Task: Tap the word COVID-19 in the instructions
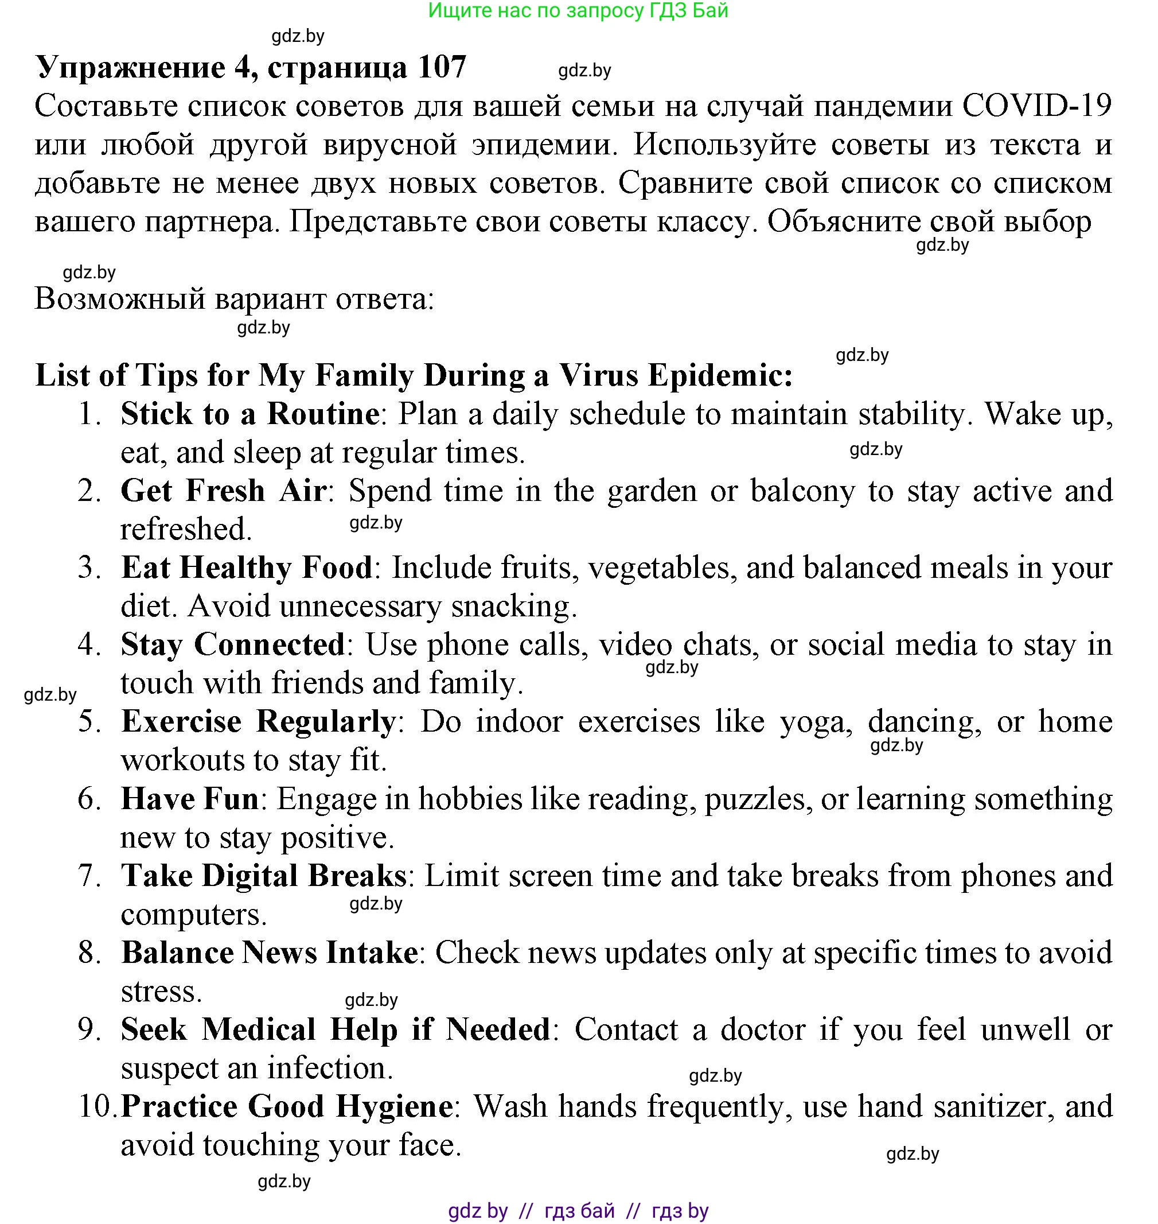pyautogui.click(x=1036, y=106)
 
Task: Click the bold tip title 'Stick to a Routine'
pyautogui.click(x=250, y=414)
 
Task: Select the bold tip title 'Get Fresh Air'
pyautogui.click(x=224, y=491)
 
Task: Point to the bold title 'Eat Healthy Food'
pyautogui.click(x=247, y=568)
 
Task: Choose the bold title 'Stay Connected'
pyautogui.click(x=233, y=645)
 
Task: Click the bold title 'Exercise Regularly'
pyautogui.click(x=258, y=722)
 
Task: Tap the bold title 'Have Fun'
pyautogui.click(x=189, y=799)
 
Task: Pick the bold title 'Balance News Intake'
pyautogui.click(x=269, y=953)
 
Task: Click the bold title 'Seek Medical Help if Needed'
pyautogui.click(x=335, y=1030)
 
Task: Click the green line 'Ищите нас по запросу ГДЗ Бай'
pyautogui.click(x=578, y=10)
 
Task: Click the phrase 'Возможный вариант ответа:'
pyautogui.click(x=235, y=299)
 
